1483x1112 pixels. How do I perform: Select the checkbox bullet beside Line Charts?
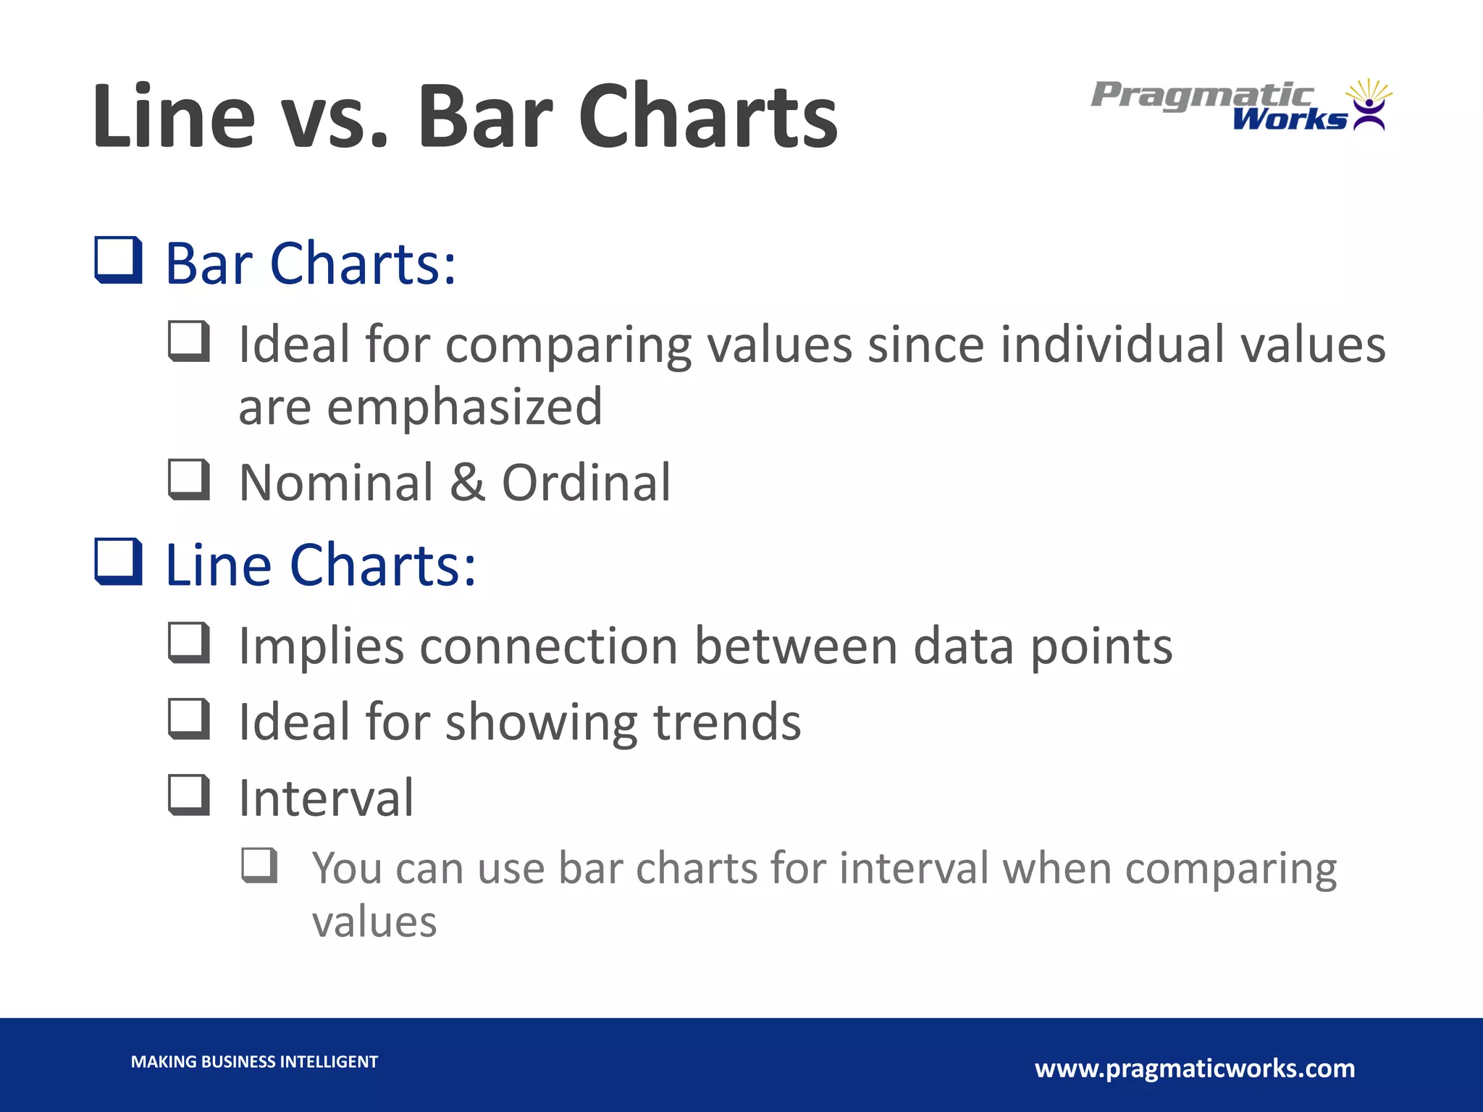pos(118,562)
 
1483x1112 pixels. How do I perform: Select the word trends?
pos(727,722)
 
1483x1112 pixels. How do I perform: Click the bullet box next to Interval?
pos(189,795)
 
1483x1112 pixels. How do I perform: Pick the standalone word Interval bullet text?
pos(327,798)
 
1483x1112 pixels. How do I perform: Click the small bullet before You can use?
pos(259,865)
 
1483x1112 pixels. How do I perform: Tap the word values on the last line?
pos(374,922)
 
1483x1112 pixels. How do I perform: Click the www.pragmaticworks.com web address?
pos(1195,1068)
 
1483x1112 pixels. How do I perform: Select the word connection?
pos(549,646)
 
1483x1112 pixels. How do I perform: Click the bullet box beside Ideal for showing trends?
pos(189,719)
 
